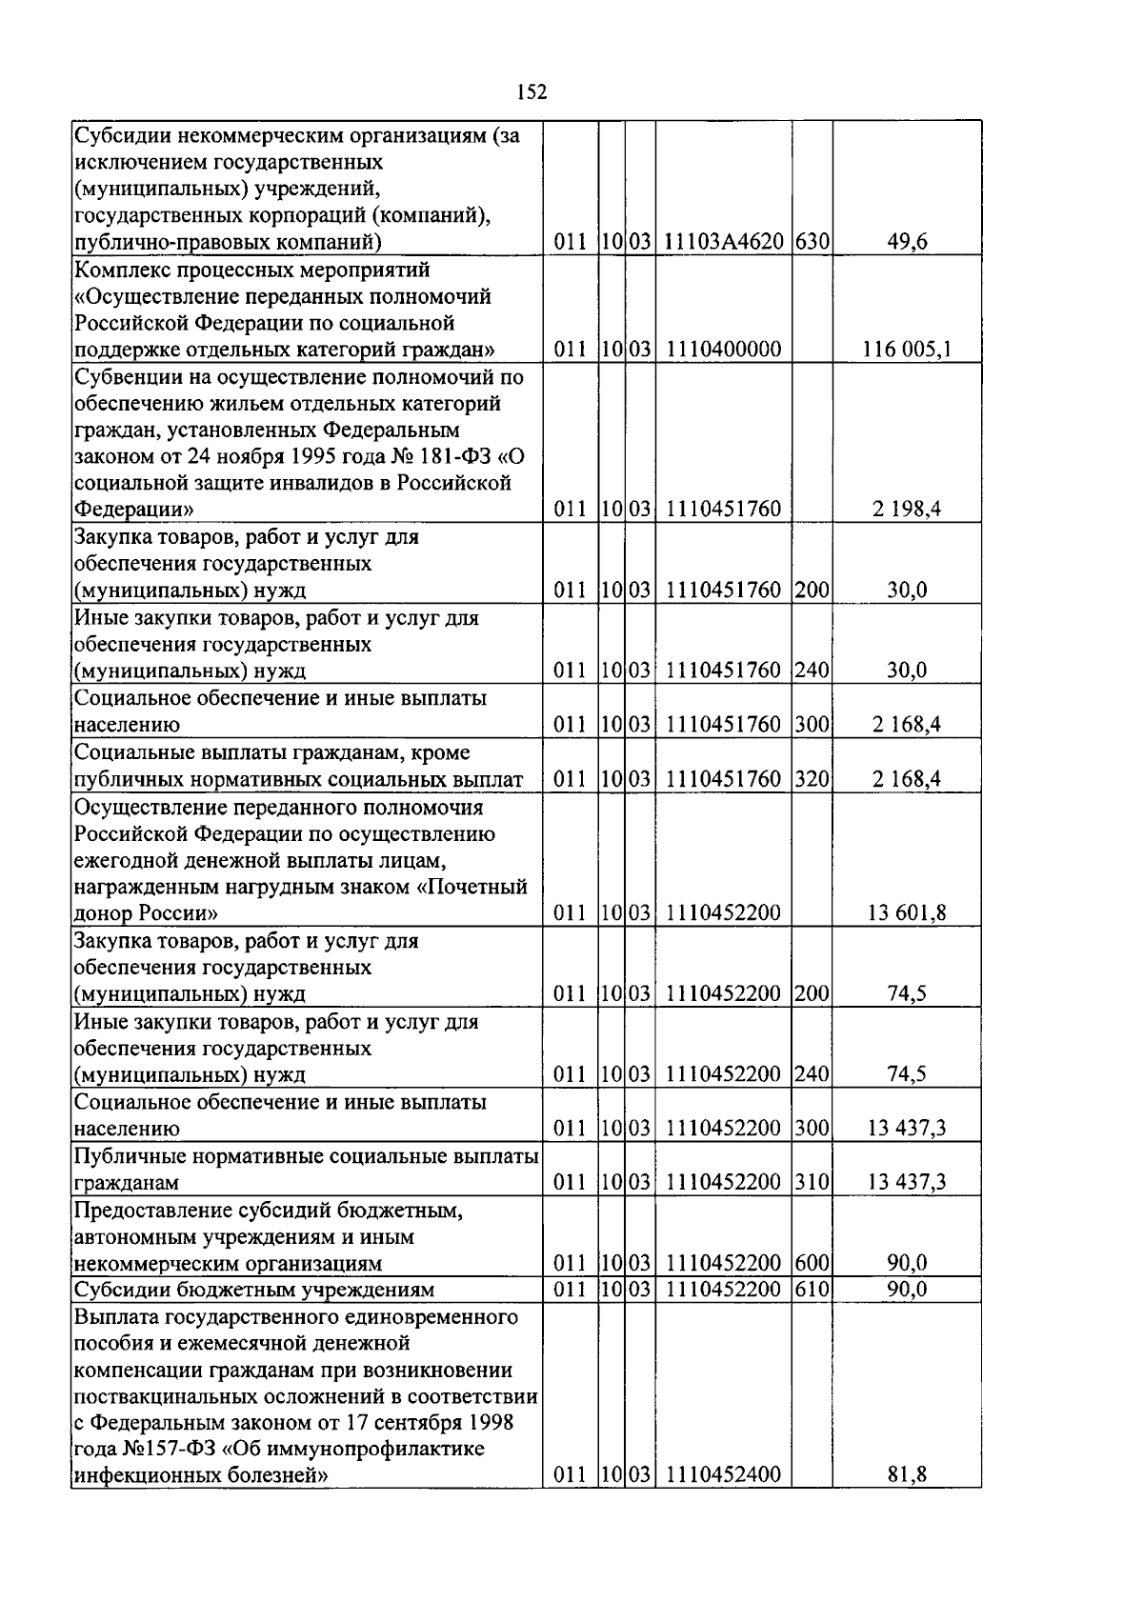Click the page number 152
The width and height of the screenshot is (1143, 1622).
click(531, 91)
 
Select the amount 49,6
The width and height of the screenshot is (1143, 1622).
click(907, 242)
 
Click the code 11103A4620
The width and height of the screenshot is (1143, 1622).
click(723, 242)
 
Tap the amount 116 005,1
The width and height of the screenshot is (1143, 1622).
click(907, 350)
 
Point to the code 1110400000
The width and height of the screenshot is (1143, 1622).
click(723, 350)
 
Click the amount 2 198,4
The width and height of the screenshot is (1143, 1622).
click(907, 510)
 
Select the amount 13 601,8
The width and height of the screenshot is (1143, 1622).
click(907, 913)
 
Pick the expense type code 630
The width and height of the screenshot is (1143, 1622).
click(812, 242)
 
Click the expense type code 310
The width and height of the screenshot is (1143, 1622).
click(812, 1183)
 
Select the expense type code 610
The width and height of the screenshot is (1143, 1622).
click(812, 1290)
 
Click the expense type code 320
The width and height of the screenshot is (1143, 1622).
click(812, 779)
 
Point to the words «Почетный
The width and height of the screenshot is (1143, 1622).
click(472, 888)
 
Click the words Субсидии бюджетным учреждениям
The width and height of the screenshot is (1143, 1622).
click(254, 1291)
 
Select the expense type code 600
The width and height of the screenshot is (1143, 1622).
click(812, 1264)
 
